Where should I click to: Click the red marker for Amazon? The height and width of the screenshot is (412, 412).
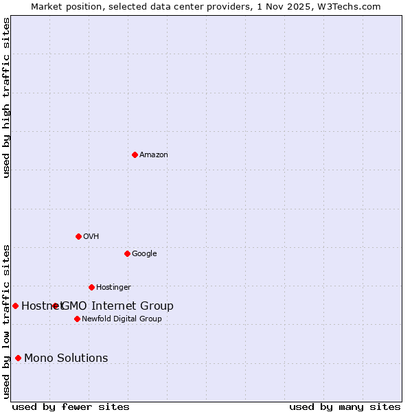[135, 154]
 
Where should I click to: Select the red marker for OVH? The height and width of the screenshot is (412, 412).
[78, 236]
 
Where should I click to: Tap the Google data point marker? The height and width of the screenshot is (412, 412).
[127, 253]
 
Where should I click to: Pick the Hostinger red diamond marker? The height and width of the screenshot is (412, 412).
[91, 287]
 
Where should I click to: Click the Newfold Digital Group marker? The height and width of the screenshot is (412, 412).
[77, 319]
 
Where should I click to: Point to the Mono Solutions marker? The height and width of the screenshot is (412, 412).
[18, 358]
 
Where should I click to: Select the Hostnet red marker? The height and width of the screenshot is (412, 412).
[15, 306]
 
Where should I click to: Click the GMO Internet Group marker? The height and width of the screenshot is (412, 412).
[56, 306]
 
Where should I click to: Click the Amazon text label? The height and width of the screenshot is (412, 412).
[154, 155]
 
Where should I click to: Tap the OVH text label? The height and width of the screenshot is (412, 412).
[91, 237]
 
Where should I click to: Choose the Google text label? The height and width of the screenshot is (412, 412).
[144, 254]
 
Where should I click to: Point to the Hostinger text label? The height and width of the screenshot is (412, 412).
[113, 288]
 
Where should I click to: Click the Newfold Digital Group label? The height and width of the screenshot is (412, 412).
[122, 319]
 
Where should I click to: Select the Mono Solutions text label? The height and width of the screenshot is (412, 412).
[66, 358]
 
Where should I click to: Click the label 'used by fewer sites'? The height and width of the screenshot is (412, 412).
[71, 407]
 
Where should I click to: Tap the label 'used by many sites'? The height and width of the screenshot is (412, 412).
[345, 407]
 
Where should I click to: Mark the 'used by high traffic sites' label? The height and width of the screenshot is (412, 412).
[6, 98]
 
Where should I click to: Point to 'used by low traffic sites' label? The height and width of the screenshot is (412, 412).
[6, 321]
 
